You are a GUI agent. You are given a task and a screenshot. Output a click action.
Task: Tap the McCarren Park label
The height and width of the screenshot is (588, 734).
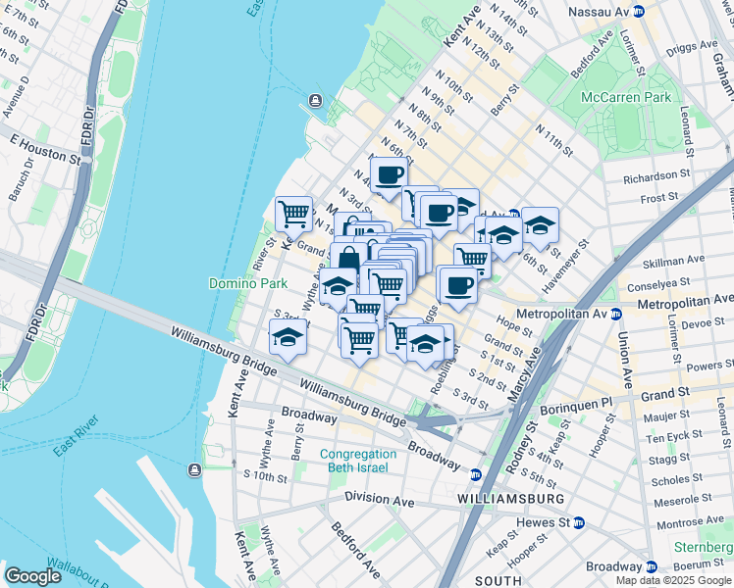(x=626, y=97)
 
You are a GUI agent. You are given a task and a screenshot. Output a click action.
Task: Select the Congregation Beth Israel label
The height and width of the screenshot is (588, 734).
(x=358, y=461)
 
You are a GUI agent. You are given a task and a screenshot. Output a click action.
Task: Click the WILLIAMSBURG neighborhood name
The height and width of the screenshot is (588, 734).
(x=510, y=499)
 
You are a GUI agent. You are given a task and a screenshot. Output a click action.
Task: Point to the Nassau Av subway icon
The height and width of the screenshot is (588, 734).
(x=639, y=12)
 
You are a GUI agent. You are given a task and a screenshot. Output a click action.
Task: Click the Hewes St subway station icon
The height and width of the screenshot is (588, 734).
(x=579, y=523)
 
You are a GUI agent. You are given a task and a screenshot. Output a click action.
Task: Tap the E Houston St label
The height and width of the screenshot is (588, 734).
(x=44, y=149)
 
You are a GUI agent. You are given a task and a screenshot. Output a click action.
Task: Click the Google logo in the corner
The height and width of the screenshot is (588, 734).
(x=32, y=576)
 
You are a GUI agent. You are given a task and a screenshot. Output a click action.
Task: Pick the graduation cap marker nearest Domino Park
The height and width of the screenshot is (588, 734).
(x=288, y=338)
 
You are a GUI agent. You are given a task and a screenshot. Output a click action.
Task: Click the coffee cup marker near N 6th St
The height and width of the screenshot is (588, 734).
(x=389, y=175)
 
